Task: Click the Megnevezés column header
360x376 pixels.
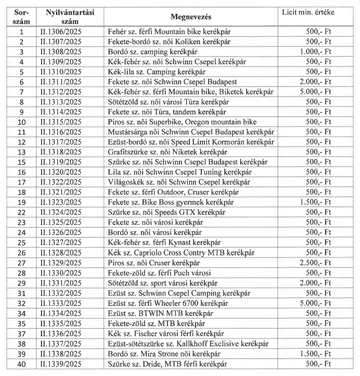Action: [191, 17]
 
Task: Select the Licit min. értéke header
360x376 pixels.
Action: [308, 13]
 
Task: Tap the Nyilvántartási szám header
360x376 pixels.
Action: [70, 17]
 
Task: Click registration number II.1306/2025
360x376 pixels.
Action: [61, 32]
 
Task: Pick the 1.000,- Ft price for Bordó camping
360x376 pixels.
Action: [315, 52]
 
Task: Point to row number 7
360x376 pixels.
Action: [22, 92]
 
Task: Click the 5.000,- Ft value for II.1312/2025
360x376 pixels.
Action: [315, 92]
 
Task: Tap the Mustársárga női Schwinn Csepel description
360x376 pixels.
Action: [191, 132]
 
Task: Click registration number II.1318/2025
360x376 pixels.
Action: [61, 152]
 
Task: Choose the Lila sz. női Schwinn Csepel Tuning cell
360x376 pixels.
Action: [180, 172]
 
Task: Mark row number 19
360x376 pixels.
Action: [22, 202]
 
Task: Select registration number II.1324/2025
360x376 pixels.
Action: [61, 212]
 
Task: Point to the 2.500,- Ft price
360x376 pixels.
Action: [315, 263]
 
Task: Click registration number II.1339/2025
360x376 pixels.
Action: [61, 364]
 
